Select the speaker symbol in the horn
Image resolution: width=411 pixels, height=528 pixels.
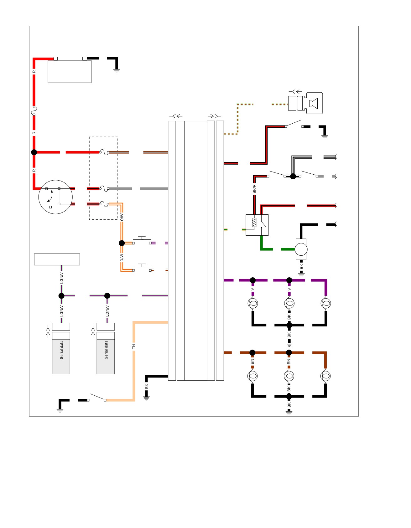(x=314, y=103)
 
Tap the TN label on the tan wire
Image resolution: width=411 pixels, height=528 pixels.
(x=134, y=346)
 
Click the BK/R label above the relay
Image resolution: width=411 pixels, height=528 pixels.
(x=254, y=189)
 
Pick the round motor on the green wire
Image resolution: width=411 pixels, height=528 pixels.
(x=301, y=249)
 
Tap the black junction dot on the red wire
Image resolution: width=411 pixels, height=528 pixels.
(x=34, y=152)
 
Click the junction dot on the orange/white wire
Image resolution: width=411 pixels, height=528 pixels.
(x=122, y=243)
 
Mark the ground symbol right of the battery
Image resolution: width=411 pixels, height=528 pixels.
(x=117, y=71)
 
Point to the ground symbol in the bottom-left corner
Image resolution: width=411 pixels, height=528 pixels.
(x=60, y=411)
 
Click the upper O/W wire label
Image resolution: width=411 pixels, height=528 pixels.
(x=122, y=217)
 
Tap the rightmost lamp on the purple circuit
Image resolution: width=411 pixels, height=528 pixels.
(x=326, y=303)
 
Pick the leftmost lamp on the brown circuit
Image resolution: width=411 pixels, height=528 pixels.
(x=252, y=376)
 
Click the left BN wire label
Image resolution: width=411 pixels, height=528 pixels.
(x=252, y=361)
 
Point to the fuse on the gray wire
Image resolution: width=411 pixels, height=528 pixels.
(x=104, y=188)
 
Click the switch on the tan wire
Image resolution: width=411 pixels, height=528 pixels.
(x=97, y=397)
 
